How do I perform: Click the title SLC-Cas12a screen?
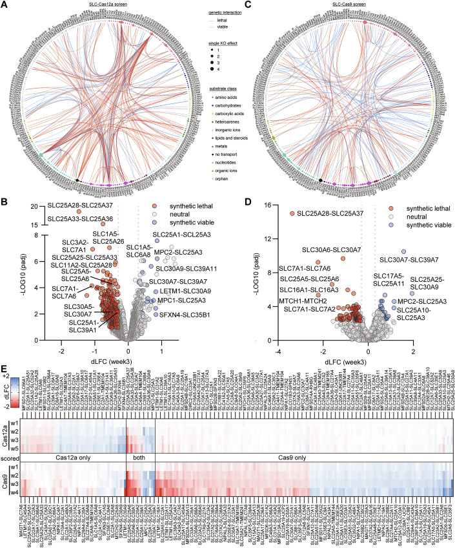[115, 5]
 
